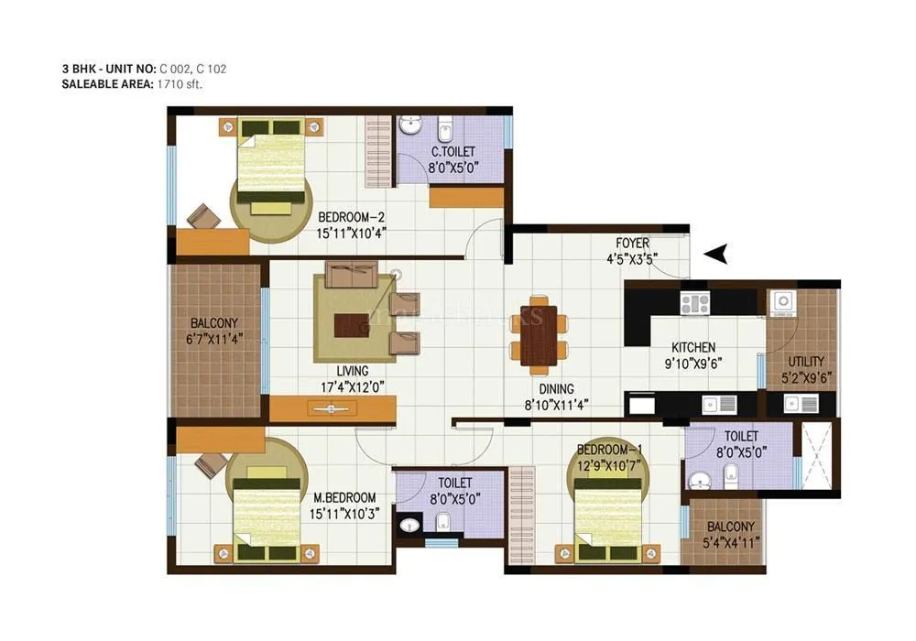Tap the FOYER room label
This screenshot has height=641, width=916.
[x=632, y=244]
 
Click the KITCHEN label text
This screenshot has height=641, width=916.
[x=693, y=348]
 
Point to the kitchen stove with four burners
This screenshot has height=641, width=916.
[x=694, y=302]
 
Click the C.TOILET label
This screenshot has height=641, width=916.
[x=453, y=152]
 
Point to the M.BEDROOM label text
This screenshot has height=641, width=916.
[x=344, y=498]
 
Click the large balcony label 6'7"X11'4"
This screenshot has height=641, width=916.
[x=214, y=337]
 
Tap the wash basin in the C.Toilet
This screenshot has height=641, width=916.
[x=412, y=125]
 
